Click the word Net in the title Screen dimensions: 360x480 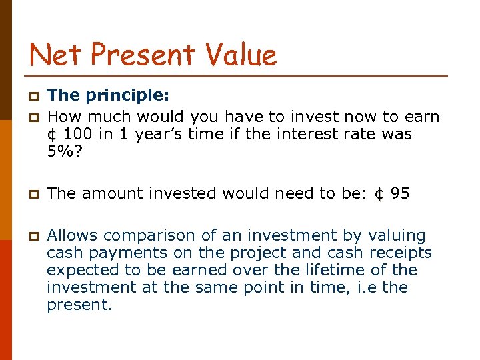pos(55,54)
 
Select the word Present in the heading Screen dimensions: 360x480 pos(141,54)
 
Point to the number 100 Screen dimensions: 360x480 pos(79,134)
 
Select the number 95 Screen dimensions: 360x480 pos(400,194)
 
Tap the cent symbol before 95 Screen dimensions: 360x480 pos(379,194)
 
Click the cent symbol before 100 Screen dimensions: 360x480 pos(52,134)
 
